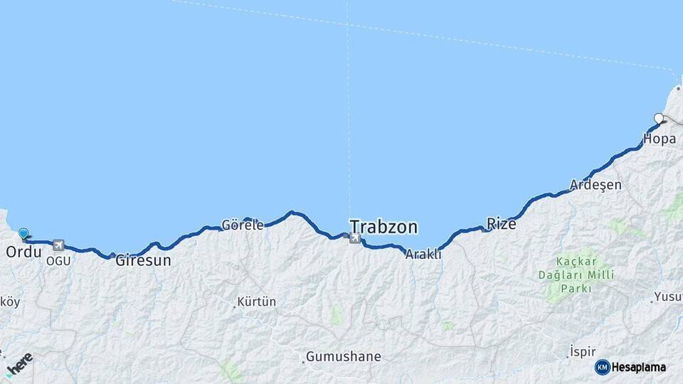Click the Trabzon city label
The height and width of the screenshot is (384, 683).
[x=383, y=227]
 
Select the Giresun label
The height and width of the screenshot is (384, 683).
[x=143, y=260]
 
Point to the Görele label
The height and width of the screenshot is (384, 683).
[x=243, y=225]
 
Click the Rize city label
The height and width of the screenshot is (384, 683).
[x=501, y=224]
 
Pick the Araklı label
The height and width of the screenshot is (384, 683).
[x=423, y=254]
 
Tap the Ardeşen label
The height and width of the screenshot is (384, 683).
[x=595, y=185]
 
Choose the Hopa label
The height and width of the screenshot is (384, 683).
[x=659, y=139]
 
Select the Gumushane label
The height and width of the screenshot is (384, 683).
[x=344, y=356]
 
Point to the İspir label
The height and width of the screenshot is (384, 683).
[x=583, y=352]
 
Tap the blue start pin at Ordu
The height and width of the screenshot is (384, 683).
[x=23, y=233]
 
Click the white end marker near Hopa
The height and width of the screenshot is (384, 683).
[x=659, y=119]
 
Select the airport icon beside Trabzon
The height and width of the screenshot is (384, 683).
[x=354, y=238]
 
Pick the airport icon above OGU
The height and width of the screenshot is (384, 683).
[x=58, y=245]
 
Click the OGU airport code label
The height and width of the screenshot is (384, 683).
[x=58, y=261]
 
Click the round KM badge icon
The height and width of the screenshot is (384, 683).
[x=603, y=367]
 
